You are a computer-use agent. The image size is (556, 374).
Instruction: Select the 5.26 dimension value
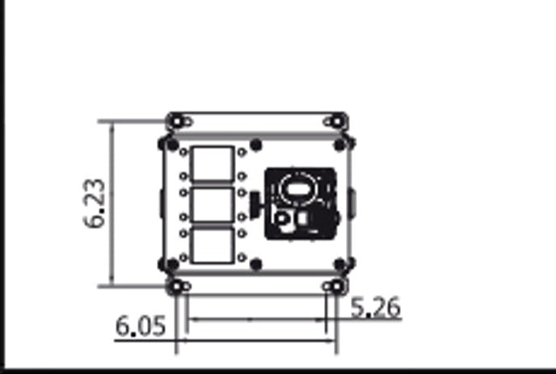point(377,308)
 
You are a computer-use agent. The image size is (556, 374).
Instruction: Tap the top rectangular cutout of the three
point(212,163)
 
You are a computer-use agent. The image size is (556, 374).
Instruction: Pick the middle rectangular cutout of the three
point(212,204)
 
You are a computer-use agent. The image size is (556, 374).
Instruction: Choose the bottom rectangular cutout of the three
point(212,245)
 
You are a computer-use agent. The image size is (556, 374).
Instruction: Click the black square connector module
point(301,204)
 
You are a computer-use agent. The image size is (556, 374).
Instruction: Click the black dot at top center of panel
point(256,145)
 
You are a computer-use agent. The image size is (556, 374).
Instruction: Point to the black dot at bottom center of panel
point(256,264)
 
